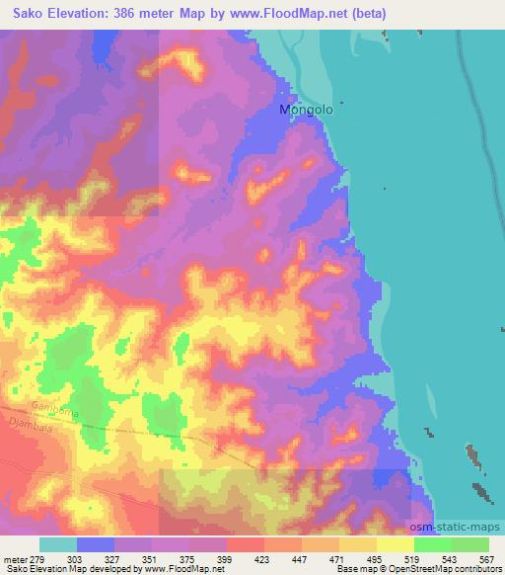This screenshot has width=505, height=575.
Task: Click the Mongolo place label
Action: point(307,111)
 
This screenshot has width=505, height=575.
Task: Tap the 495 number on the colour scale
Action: point(376,558)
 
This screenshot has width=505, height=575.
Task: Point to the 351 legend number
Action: point(152,558)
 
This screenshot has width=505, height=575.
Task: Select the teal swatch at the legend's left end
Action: point(58,544)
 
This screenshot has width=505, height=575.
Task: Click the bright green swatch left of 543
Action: point(432,544)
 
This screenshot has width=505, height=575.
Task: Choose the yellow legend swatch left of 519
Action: point(395,544)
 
